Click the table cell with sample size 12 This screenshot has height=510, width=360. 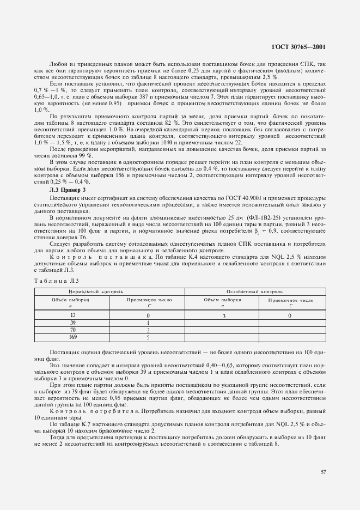(x=72, y=315)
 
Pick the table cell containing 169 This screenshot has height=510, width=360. (x=72, y=337)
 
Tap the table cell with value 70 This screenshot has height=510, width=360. (x=72, y=330)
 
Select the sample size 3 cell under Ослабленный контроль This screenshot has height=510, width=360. (x=223, y=315)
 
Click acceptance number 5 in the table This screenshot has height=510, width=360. (x=148, y=337)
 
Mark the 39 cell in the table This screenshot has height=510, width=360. (x=72, y=323)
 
